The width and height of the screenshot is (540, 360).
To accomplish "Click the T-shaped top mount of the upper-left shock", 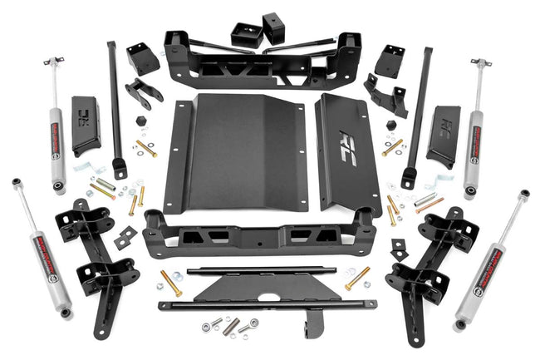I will tap(54, 63).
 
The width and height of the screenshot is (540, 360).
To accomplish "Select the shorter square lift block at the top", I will tap(246, 34).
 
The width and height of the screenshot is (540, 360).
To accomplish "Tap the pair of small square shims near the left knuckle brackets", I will tap(124, 238).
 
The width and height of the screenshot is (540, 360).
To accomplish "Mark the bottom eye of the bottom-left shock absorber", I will tap(65, 312).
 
